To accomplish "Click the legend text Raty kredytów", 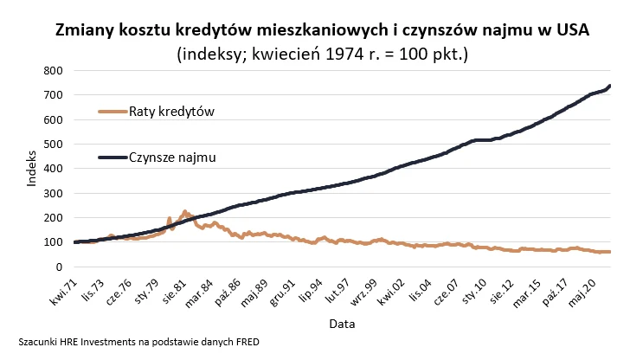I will (171, 112).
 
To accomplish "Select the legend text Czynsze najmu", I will (172, 157).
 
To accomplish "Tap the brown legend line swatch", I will (112, 112).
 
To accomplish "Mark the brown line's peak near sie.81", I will (185, 210).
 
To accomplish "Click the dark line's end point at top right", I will (610, 86).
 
